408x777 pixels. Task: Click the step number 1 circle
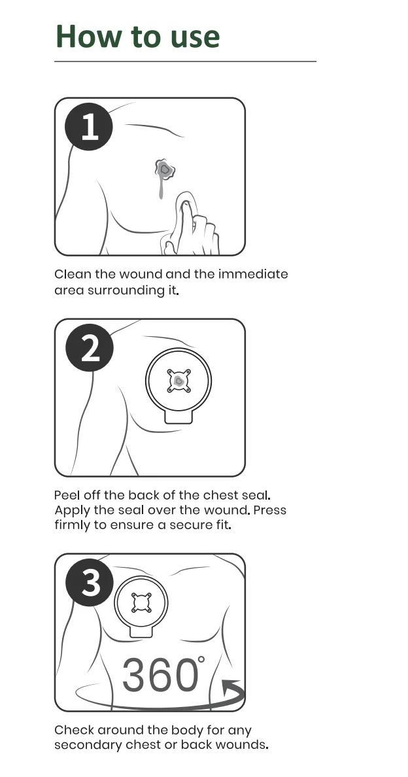[x=89, y=126]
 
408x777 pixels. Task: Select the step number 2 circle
[x=90, y=347]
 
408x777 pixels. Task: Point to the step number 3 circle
[x=90, y=581]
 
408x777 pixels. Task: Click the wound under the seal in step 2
[x=178, y=381]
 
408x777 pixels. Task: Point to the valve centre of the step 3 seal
[x=141, y=602]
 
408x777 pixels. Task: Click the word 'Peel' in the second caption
[x=65, y=495]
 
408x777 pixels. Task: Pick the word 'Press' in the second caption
[x=270, y=510]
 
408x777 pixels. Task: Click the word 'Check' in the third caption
[x=74, y=730]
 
